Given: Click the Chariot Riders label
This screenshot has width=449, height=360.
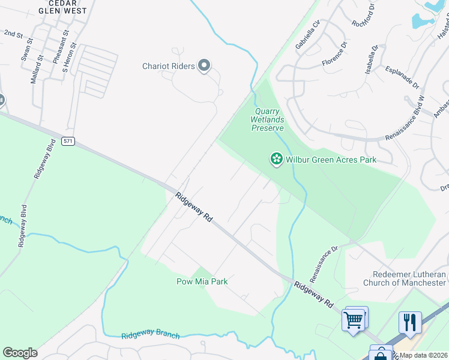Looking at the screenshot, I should (169, 66).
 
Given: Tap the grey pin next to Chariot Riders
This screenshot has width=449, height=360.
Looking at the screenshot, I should (204, 65).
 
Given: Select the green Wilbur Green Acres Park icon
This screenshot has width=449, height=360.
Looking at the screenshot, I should (276, 159).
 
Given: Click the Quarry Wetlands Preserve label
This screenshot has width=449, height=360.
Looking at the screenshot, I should (267, 119).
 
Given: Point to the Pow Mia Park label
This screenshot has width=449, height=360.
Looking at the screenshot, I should (202, 281).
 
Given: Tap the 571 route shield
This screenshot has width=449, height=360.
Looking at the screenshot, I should (68, 142).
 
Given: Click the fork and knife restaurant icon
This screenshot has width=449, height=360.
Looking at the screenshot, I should (410, 322).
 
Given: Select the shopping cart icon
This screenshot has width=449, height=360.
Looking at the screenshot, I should (354, 319).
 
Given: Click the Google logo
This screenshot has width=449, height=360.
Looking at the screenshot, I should (20, 353).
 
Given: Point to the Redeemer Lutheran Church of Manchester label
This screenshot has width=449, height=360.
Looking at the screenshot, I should (405, 278).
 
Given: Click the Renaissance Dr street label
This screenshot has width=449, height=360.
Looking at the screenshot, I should (324, 263).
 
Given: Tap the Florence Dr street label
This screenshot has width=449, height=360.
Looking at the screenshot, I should (334, 53).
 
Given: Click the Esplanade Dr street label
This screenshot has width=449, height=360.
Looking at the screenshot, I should (402, 77).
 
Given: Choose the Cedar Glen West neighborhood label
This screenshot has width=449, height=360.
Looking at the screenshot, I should (62, 7).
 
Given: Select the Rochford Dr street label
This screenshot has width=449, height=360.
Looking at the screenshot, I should (364, 15).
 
